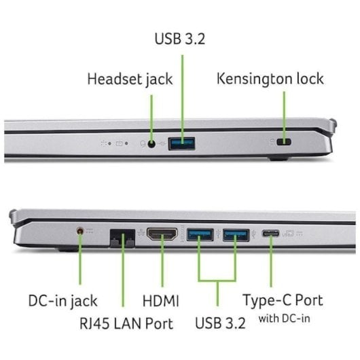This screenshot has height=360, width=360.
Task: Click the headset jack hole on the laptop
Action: (151, 144)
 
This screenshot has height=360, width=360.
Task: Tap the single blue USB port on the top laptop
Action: (181, 144)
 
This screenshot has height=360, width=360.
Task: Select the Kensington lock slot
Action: (284, 142)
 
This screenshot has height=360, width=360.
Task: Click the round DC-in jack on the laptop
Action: (80, 231)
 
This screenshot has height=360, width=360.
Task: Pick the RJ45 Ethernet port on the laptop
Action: (122, 238)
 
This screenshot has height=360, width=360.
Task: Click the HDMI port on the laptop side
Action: (162, 234)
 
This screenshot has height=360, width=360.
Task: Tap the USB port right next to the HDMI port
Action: (200, 234)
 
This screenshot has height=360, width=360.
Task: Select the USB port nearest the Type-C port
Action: (236, 235)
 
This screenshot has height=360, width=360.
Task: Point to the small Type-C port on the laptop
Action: (271, 234)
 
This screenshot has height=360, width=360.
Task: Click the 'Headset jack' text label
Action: (130, 79)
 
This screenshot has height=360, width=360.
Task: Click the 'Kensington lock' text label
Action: (270, 79)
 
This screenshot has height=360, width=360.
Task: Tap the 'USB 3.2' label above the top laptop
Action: (180, 39)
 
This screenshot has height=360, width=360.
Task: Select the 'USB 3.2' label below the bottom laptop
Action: (220, 323)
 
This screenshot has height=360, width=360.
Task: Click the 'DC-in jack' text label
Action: (63, 301)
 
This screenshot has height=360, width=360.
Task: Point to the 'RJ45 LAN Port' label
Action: (126, 323)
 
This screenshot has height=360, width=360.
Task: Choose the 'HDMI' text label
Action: (161, 301)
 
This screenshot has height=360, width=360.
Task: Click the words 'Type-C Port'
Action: (283, 300)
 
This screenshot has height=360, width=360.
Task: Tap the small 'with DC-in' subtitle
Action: (284, 319)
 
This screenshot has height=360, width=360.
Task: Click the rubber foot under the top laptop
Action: (278, 158)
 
